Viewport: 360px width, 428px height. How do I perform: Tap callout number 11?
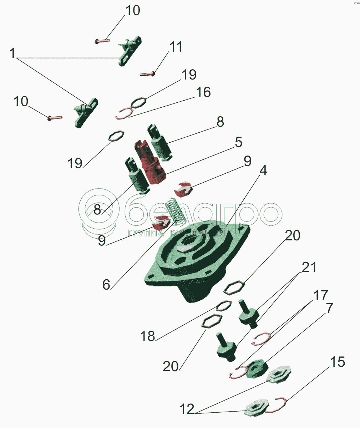[176, 47]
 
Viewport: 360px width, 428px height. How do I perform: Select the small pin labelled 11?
[147, 74]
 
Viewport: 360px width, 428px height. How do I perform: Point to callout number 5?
[238, 142]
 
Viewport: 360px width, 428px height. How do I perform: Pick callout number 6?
[106, 285]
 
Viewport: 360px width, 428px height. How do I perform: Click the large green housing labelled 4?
[197, 264]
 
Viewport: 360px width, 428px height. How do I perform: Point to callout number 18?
[147, 336]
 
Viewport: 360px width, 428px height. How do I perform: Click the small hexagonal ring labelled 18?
[224, 306]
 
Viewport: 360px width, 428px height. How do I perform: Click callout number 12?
[187, 409]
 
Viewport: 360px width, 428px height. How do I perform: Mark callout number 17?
[321, 295]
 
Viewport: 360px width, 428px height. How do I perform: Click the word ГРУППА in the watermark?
[146, 233]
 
